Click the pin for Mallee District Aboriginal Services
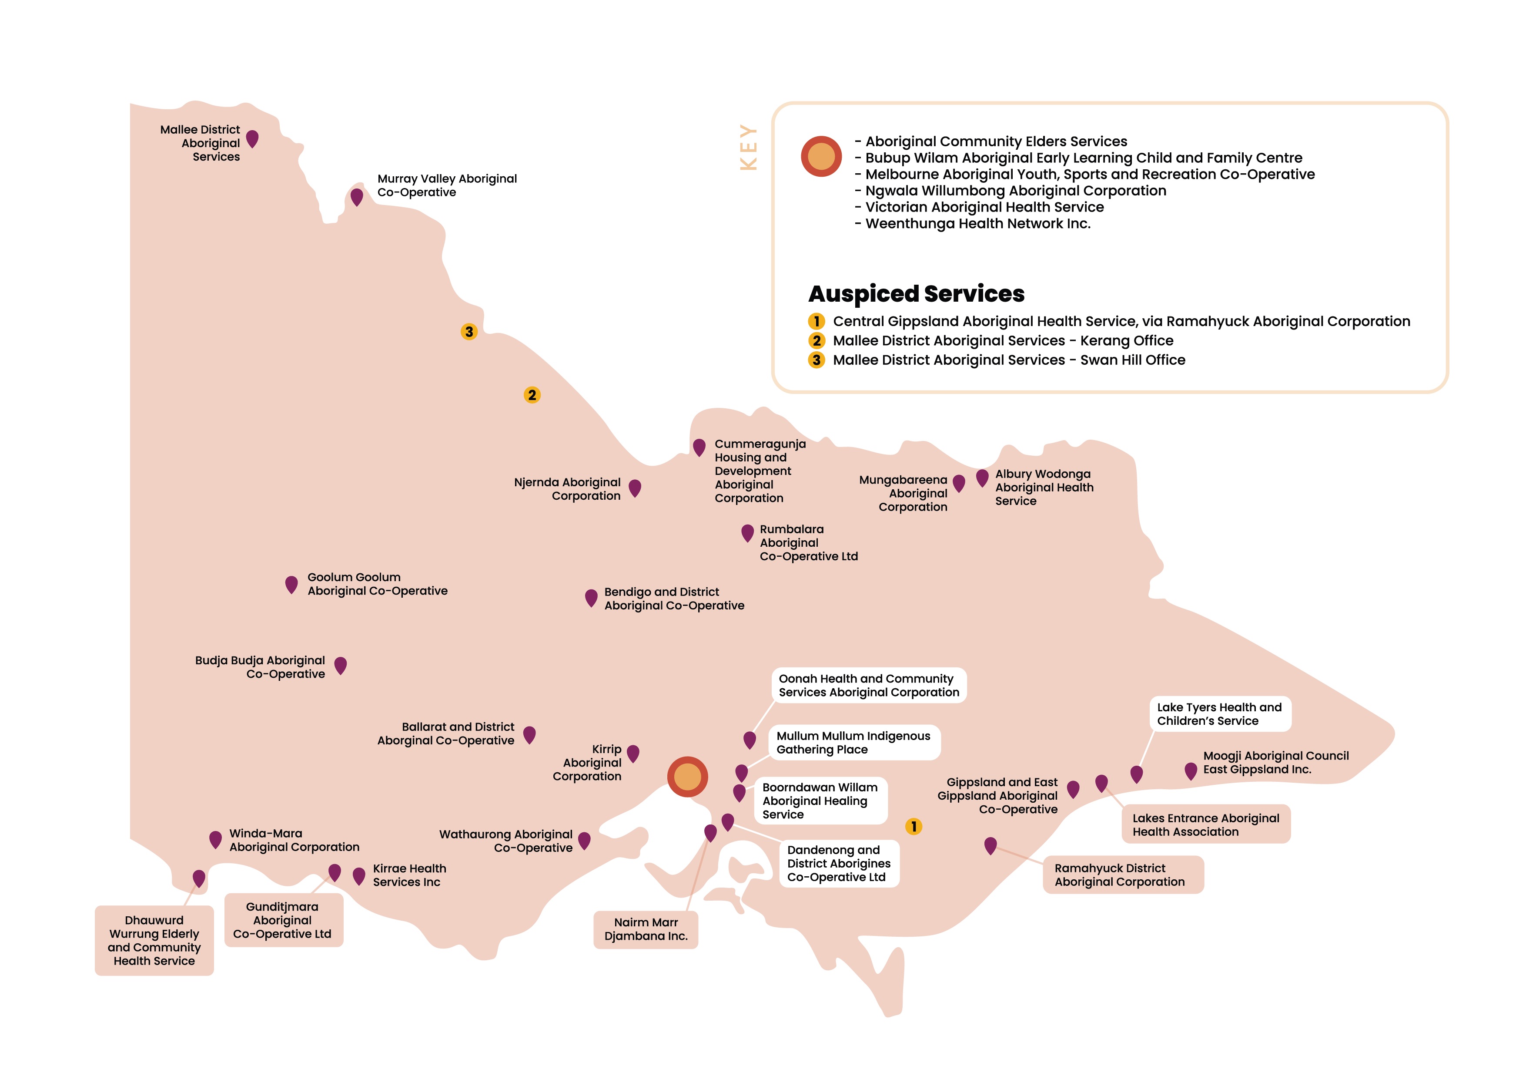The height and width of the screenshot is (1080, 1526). pos(252,138)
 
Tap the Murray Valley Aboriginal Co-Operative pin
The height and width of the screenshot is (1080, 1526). pos(357,196)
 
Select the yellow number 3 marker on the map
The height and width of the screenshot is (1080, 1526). pos(469,331)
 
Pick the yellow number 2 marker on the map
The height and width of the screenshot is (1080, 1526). pos(532,395)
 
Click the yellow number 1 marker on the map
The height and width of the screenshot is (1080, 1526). pos(914,826)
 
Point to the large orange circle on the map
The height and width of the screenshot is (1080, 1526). pos(687,776)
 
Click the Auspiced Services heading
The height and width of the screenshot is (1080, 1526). pos(916,293)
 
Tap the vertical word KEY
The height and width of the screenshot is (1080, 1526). pos(748,147)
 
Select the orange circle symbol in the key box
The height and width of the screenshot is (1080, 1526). pos(821,156)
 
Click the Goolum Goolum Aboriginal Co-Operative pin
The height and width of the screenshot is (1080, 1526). pos(291,584)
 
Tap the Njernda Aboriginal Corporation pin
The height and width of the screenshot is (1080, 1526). pos(635,488)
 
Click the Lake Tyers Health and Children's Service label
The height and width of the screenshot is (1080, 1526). pos(1220,713)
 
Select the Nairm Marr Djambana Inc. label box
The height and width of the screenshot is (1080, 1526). pos(646,929)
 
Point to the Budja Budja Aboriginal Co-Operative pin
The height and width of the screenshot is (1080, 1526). pos(340,664)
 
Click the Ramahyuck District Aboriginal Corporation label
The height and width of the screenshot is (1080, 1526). pos(1123,875)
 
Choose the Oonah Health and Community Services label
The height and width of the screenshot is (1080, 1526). pos(869,685)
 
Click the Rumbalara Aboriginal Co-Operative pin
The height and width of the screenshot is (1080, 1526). pos(747,532)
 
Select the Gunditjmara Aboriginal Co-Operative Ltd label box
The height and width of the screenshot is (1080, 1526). pos(283,920)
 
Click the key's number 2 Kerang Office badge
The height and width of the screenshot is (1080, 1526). pos(816,340)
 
